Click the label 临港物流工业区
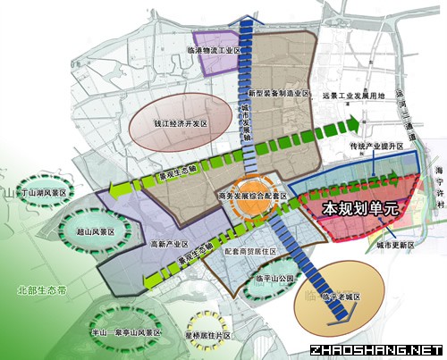(216, 51)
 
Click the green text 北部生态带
(39, 290)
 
